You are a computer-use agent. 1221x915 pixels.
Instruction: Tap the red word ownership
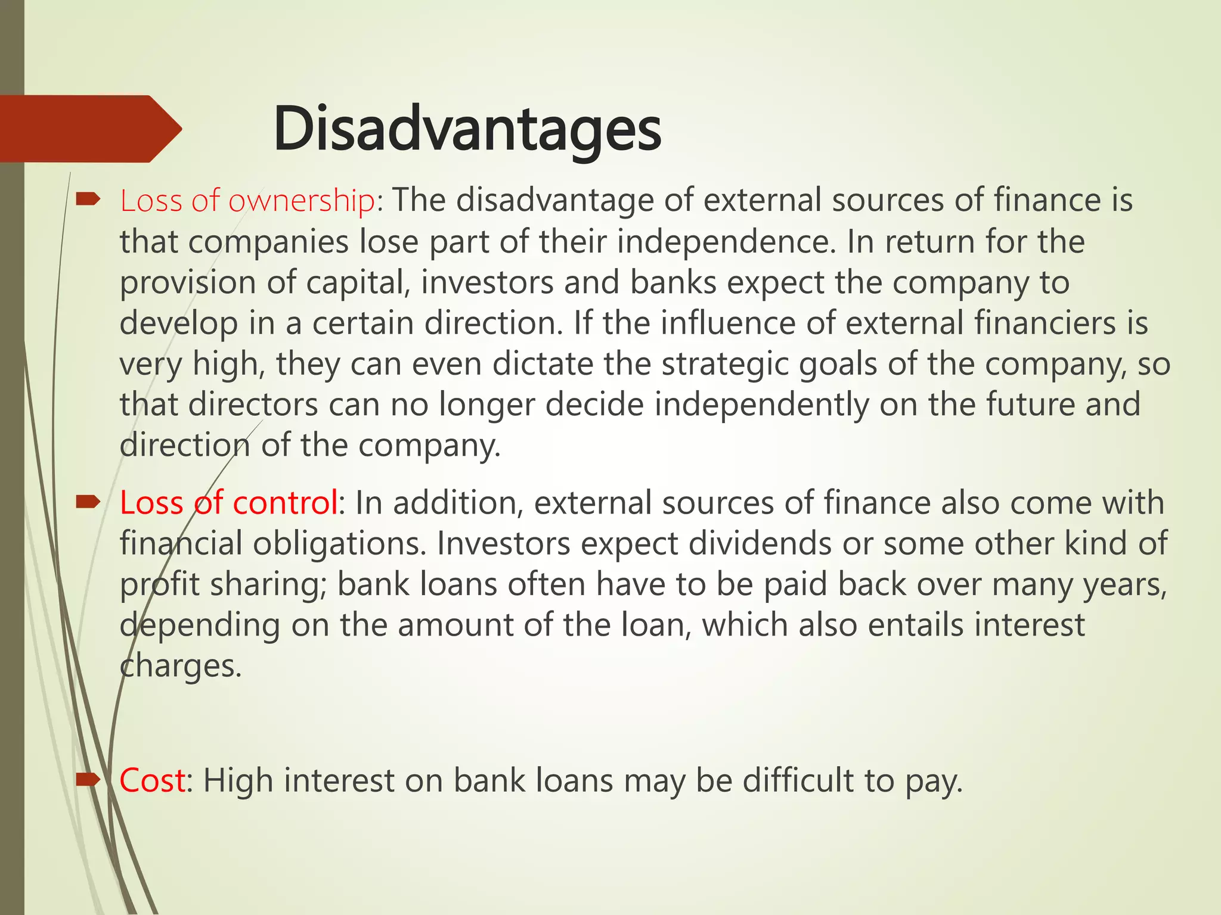click(301, 201)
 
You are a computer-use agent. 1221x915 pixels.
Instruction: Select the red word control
click(285, 503)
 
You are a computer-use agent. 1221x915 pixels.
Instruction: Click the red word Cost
click(152, 780)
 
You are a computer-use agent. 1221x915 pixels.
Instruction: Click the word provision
click(187, 282)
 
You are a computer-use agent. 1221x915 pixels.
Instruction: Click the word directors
click(253, 404)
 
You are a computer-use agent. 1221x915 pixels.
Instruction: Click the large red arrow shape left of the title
click(89, 129)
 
